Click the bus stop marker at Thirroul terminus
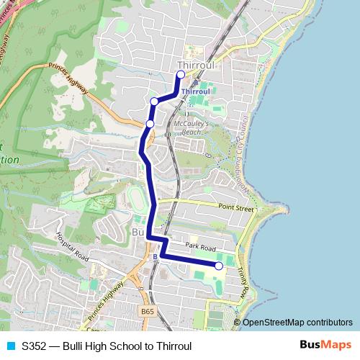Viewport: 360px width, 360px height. [x=181, y=74]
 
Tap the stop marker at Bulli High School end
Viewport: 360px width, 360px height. [x=219, y=266]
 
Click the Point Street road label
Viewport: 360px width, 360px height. [x=237, y=207]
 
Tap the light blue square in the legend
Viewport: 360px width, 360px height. [x=10, y=346]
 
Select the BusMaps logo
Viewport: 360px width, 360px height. [x=325, y=346]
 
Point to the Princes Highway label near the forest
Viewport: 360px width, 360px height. [x=69, y=81]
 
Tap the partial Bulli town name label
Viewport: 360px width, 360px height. [x=138, y=233]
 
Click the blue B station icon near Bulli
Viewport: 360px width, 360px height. [x=155, y=256]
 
